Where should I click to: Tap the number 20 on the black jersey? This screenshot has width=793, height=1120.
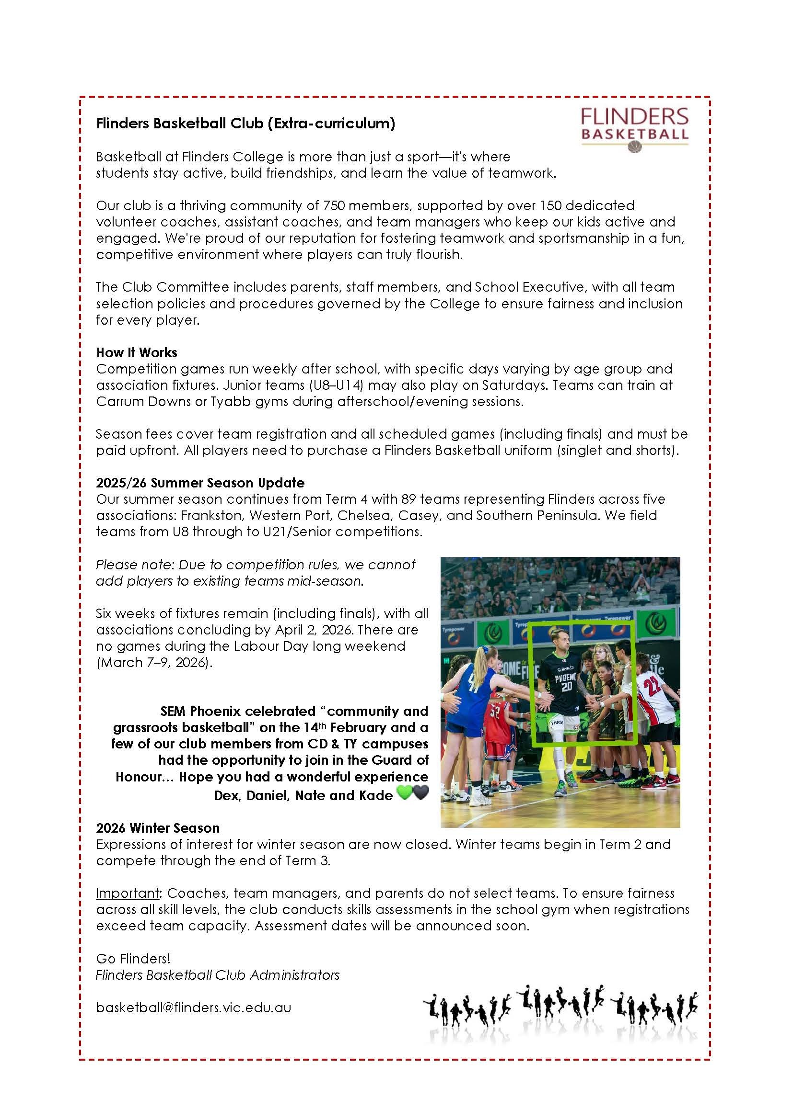point(566,686)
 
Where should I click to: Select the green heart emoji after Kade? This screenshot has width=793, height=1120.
point(404,794)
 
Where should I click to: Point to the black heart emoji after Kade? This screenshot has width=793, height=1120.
point(420,794)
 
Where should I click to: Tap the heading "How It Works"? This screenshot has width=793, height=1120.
point(137,352)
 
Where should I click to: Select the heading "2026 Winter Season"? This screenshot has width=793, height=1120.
point(158,828)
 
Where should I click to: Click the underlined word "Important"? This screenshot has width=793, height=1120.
point(128,893)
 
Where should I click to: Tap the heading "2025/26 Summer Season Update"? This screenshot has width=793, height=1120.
point(200,483)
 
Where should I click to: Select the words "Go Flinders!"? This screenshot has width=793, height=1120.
point(133,959)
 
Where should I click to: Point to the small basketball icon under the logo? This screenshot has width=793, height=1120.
point(634,147)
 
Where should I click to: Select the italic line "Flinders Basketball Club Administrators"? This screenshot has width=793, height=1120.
point(217,975)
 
